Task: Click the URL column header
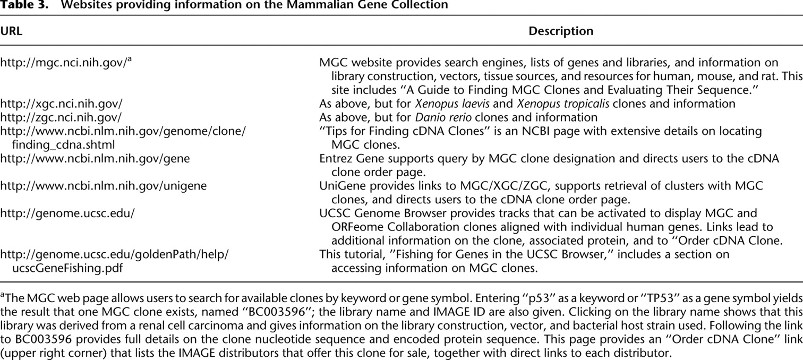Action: click(x=11, y=31)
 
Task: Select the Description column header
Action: click(x=561, y=31)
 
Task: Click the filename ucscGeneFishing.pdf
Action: click(x=67, y=268)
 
